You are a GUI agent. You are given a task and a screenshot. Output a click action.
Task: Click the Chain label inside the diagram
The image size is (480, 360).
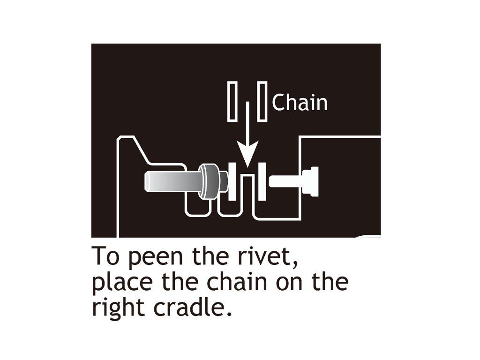click(x=300, y=103)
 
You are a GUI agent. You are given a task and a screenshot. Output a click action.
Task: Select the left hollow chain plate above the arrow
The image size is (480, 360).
click(x=232, y=102)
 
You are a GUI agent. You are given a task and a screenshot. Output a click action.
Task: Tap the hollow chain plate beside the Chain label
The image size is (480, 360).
click(x=262, y=102)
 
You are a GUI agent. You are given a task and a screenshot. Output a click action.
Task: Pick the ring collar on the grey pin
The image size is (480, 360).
click(x=209, y=181)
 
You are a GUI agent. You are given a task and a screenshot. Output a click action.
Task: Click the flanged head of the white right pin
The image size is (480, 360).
click(x=312, y=181)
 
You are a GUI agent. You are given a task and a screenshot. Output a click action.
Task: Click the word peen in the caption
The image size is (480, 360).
click(x=150, y=257)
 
